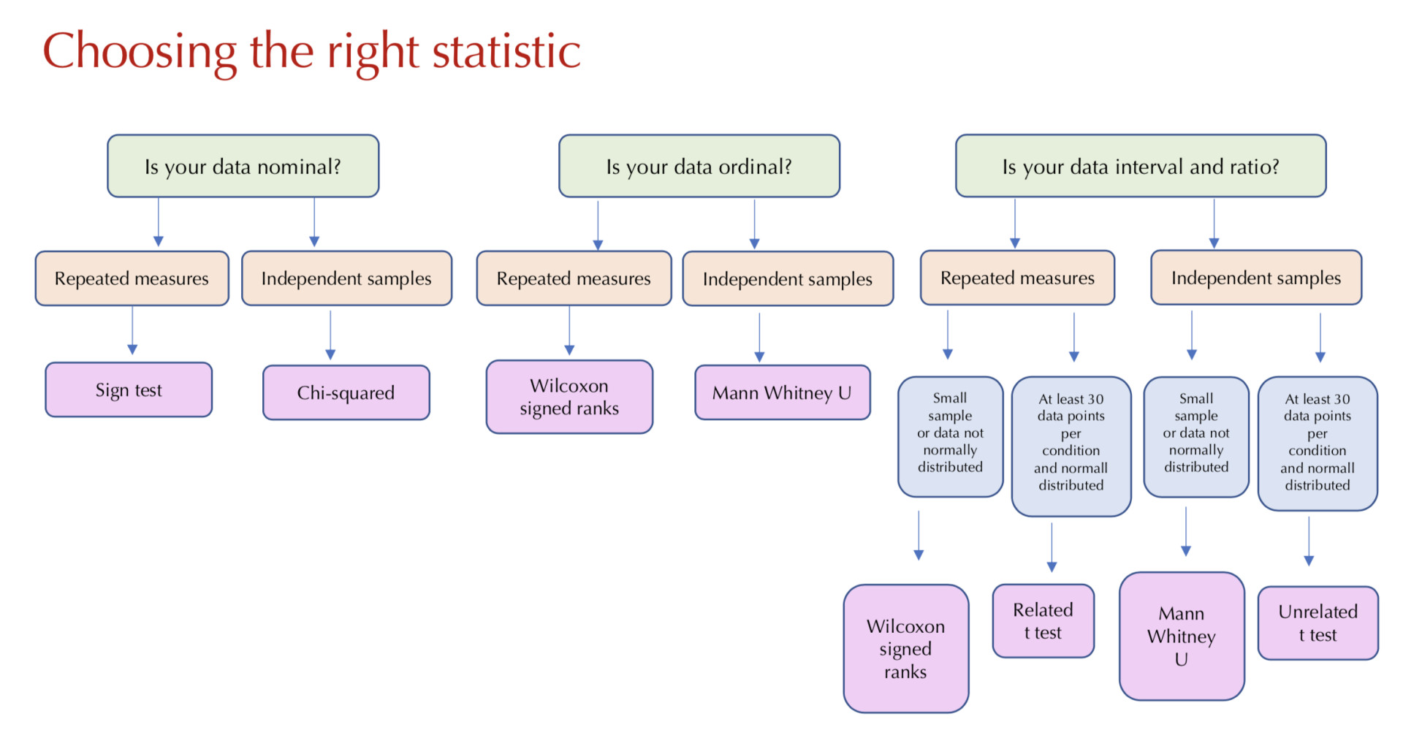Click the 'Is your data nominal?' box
click(243, 166)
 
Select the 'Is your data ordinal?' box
click(699, 166)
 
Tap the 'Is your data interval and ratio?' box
click(1141, 166)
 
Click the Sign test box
click(129, 389)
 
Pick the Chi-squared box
click(346, 392)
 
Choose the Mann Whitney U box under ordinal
click(783, 392)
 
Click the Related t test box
click(1043, 621)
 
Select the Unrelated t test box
click(1318, 623)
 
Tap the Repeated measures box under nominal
click(132, 278)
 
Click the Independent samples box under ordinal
click(788, 278)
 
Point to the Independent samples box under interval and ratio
click(1256, 278)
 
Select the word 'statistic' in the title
click(506, 51)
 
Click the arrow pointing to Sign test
click(132, 330)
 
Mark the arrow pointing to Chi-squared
click(330, 335)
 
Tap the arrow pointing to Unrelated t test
click(1309, 541)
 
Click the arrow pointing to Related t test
click(1052, 547)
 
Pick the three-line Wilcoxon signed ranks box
click(906, 649)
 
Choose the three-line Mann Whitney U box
click(1182, 636)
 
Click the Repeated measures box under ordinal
click(574, 278)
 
